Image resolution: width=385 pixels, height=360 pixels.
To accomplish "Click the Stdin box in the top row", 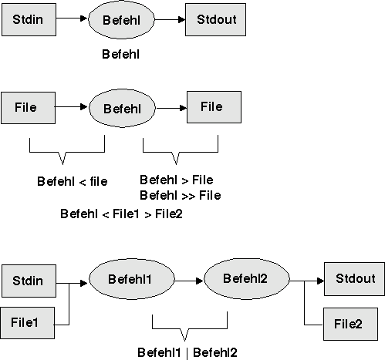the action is point(29,19).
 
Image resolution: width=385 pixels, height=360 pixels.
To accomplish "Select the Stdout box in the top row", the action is point(215,19).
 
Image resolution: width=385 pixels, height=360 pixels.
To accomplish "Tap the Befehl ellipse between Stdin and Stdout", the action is point(121,20).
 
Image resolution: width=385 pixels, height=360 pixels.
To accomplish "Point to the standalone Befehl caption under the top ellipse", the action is point(121,54).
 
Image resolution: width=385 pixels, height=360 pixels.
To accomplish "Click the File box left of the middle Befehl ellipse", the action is point(29,108).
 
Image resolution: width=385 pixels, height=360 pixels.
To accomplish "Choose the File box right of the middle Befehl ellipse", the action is point(214,107).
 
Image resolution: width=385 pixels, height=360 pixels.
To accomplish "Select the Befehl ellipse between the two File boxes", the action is point(122,108).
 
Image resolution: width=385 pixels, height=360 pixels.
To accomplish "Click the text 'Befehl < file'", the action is point(73,181).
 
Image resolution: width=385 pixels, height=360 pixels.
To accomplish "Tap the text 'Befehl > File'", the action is point(177,180).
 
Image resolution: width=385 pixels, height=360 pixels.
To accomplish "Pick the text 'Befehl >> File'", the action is point(181,195).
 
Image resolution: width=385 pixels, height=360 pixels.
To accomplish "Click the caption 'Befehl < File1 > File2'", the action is point(121,214).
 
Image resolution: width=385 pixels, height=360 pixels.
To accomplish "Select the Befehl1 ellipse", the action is point(132,279).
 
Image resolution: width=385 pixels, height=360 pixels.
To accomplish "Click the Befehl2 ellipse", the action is point(247,279).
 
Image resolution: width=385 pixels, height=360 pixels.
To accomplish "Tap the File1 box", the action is point(27,323).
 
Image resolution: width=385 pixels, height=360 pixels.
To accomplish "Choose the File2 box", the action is point(350,324).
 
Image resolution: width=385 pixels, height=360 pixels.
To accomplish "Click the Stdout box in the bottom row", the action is point(354,279).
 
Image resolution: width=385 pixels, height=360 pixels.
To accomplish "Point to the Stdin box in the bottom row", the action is point(29,281).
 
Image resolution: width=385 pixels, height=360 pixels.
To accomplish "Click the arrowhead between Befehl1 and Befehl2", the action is point(200,281).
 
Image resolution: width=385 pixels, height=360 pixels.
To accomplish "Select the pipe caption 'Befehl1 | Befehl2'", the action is point(187,352).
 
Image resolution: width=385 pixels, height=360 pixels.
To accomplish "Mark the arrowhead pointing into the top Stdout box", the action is point(181,19).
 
